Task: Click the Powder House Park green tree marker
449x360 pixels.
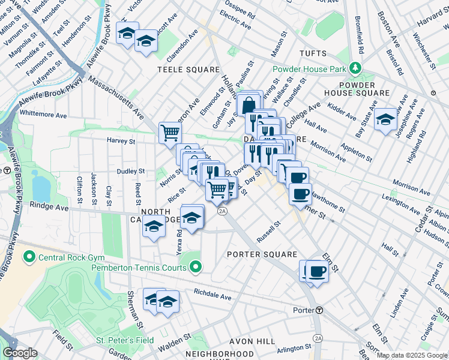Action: point(356,69)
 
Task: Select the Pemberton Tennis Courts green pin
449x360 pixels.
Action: point(195,267)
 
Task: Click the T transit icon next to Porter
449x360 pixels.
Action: point(320,310)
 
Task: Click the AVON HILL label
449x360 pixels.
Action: point(252,341)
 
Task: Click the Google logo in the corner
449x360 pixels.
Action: point(20,353)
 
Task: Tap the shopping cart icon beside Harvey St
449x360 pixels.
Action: point(170,132)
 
